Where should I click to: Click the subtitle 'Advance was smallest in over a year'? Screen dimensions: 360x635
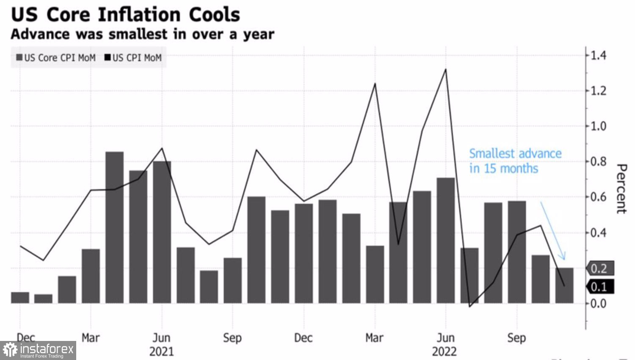[x=142, y=34]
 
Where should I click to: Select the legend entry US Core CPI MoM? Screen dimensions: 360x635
[x=56, y=58]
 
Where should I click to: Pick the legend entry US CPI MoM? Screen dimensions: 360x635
[x=133, y=58]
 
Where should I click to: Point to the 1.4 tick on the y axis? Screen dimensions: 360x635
[x=598, y=55]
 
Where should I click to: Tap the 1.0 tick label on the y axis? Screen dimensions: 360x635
[x=598, y=126]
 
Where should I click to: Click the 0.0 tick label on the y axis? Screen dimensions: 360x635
[x=598, y=303]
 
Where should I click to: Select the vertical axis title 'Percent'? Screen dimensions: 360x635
[x=621, y=188]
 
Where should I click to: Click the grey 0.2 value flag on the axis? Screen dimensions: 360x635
[x=599, y=269]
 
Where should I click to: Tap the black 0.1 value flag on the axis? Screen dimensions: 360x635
[x=599, y=287]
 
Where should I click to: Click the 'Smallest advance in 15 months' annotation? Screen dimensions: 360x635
[x=515, y=161]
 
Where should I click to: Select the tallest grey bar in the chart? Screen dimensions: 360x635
[x=114, y=227]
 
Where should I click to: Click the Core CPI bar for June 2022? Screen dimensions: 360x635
[x=446, y=240]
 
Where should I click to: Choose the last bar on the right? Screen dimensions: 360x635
[x=564, y=285]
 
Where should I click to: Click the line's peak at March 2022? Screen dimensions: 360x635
[x=375, y=84]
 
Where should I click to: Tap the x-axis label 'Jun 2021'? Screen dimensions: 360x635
[x=161, y=344]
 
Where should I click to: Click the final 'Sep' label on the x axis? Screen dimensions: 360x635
[x=516, y=338]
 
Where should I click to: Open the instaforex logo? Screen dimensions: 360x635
[x=38, y=350]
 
